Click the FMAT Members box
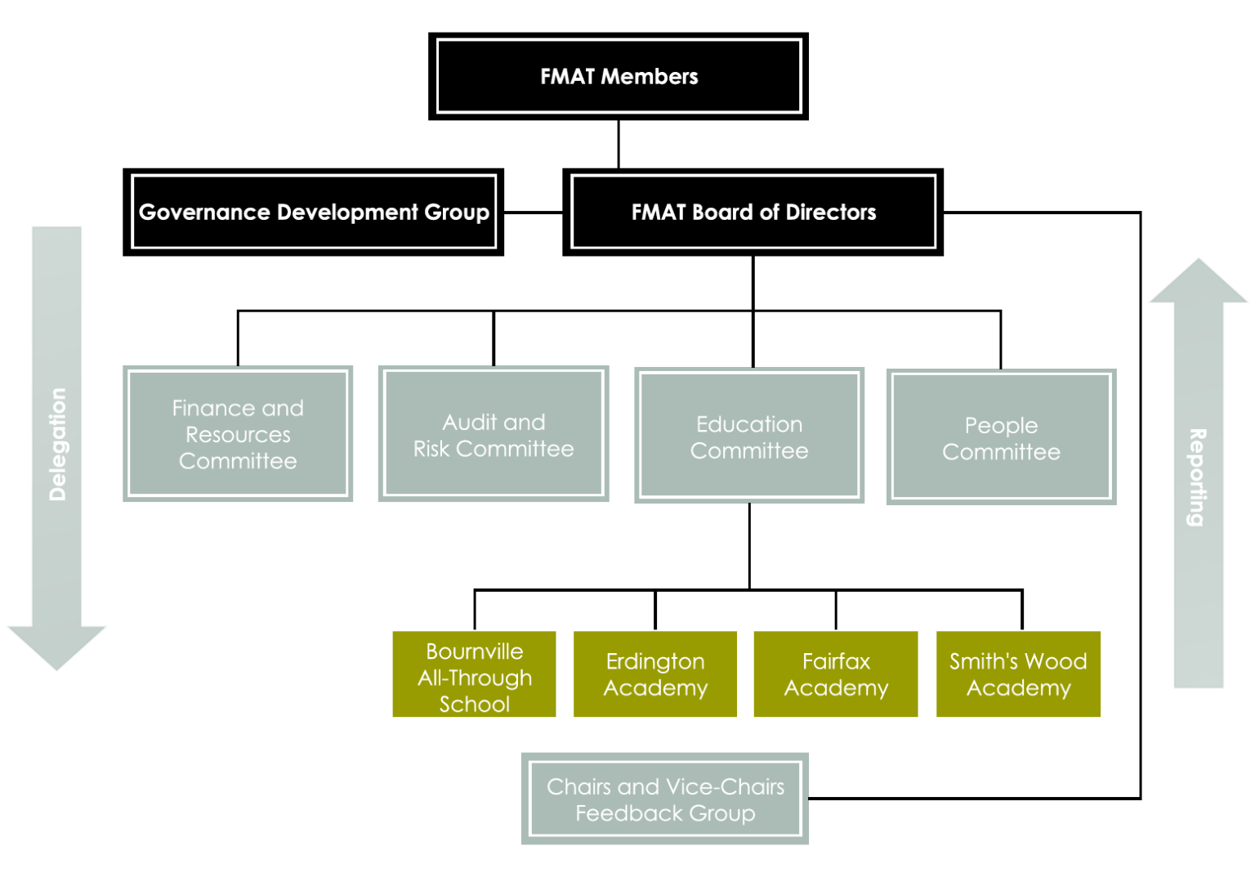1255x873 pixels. click(619, 76)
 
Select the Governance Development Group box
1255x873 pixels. click(313, 212)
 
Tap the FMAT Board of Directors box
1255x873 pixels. click(753, 212)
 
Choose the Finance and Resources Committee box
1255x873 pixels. click(238, 433)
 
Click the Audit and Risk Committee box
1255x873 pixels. click(494, 433)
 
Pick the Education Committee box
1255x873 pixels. click(749, 436)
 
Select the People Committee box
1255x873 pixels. click(1001, 437)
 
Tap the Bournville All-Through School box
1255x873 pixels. click(474, 675)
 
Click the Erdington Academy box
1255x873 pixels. click(655, 674)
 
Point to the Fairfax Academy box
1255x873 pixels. click(836, 674)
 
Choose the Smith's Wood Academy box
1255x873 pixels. click(1018, 674)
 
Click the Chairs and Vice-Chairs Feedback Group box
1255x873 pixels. click(665, 799)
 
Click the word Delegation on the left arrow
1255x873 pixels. click(57, 444)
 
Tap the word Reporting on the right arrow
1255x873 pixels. click(1197, 477)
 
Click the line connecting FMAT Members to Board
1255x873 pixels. click(619, 145)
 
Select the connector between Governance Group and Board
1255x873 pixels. click(533, 213)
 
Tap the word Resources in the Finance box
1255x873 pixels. click(238, 434)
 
